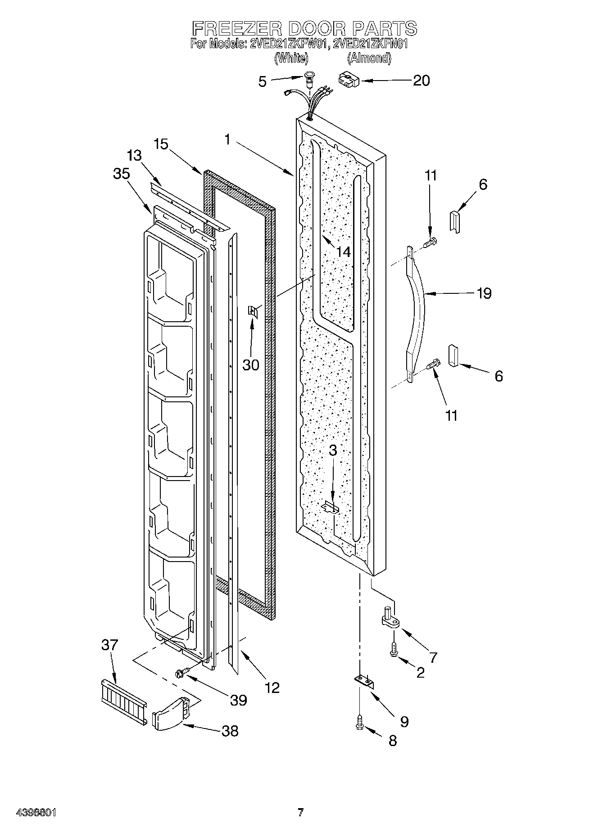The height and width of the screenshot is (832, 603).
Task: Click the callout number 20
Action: [x=421, y=81]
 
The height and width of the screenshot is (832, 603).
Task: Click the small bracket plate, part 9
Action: [x=365, y=682]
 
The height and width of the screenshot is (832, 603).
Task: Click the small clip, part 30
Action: [x=252, y=311]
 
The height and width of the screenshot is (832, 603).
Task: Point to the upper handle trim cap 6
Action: [x=455, y=222]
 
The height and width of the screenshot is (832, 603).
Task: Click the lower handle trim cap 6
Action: [x=453, y=356]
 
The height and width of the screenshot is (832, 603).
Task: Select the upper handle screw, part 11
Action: [x=430, y=243]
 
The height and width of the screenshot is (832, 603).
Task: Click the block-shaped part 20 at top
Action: [x=348, y=81]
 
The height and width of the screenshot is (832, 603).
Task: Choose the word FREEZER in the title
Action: [x=237, y=28]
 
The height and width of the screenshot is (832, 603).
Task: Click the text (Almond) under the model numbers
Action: [x=369, y=58]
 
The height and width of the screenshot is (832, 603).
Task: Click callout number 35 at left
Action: [x=121, y=174]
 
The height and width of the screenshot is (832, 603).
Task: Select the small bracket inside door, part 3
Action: [x=331, y=508]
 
